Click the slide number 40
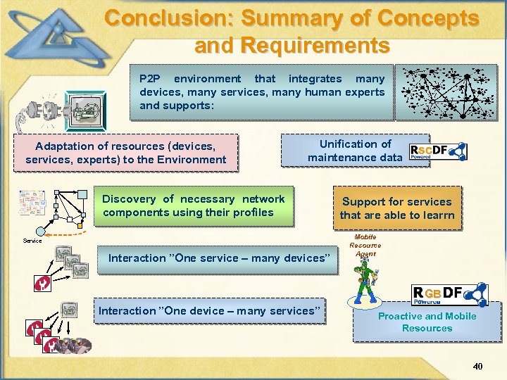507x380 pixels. (x=477, y=367)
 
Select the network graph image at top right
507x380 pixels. (x=446, y=92)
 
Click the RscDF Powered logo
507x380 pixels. (x=438, y=151)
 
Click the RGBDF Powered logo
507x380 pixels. (x=449, y=295)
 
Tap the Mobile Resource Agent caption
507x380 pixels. (x=365, y=246)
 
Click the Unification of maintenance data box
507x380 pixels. (x=356, y=151)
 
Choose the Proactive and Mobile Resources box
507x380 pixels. (x=427, y=322)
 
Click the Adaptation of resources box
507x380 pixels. (x=126, y=153)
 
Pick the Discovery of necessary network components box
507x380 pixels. (x=194, y=205)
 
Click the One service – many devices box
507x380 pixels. (x=219, y=258)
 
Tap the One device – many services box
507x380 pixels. (x=210, y=311)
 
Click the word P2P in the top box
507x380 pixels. (x=151, y=79)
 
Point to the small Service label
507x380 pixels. (x=32, y=241)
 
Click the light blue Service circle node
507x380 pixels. (x=41, y=230)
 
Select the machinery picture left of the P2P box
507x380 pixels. (x=85, y=111)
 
